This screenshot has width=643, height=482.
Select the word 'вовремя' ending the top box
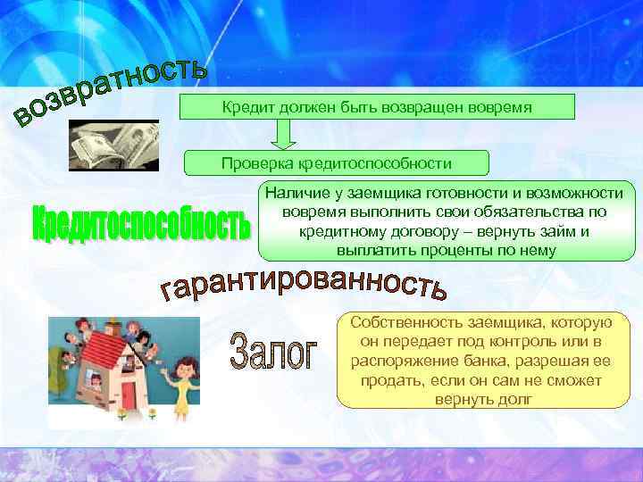pyautogui.click(x=503, y=108)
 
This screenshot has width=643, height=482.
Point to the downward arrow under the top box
pyautogui.click(x=285, y=134)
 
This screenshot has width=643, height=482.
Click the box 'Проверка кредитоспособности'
pyautogui.click(x=337, y=163)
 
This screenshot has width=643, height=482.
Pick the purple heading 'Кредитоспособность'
pyautogui.click(x=141, y=223)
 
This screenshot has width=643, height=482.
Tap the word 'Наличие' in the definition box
pyautogui.click(x=292, y=193)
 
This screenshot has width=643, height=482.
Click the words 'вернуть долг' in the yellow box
pyautogui.click(x=483, y=399)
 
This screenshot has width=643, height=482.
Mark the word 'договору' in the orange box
pyautogui.click(x=402, y=231)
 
